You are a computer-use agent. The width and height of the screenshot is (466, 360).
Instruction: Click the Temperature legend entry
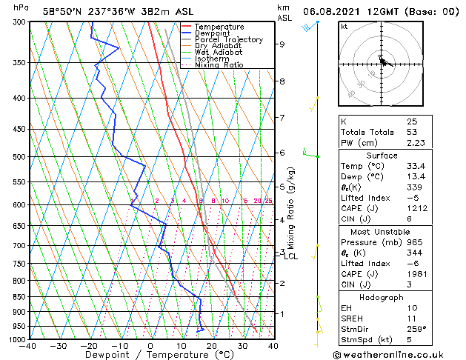click(x=219, y=27)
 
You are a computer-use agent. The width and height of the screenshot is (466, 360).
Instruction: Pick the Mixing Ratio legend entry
click(x=219, y=65)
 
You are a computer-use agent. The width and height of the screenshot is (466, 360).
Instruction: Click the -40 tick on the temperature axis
click(x=28, y=346)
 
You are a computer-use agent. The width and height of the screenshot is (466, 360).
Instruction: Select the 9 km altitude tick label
click(x=282, y=44)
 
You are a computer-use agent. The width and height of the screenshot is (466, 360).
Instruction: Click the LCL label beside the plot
click(x=290, y=256)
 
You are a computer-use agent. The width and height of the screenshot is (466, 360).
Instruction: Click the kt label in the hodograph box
click(x=344, y=27)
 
